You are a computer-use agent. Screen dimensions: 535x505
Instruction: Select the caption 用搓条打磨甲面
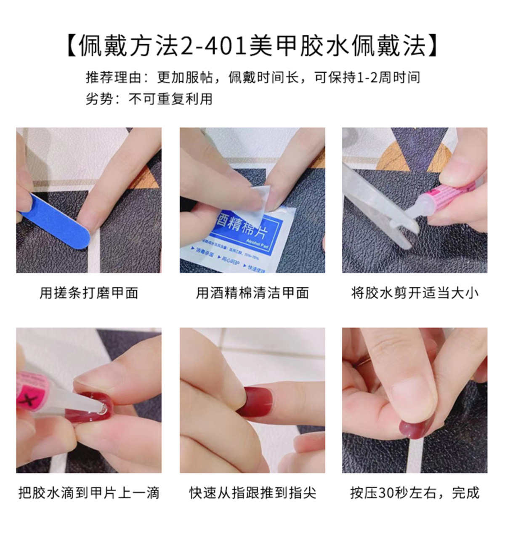click(x=89, y=293)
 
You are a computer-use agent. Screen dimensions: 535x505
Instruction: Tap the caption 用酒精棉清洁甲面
click(x=252, y=293)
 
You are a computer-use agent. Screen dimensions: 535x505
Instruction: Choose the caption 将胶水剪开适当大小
click(x=415, y=293)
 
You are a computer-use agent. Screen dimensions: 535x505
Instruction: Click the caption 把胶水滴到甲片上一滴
click(x=89, y=492)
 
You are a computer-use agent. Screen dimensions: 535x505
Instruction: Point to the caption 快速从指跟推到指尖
click(x=252, y=492)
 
